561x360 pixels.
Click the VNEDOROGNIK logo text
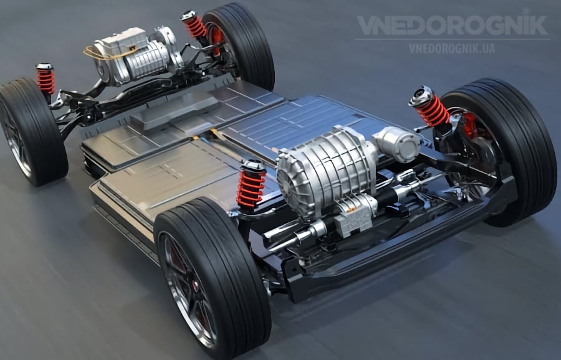point(452,25)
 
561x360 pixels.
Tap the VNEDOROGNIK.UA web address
point(453,48)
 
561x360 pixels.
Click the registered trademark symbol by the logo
point(526,11)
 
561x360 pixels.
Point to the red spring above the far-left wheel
point(46,80)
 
